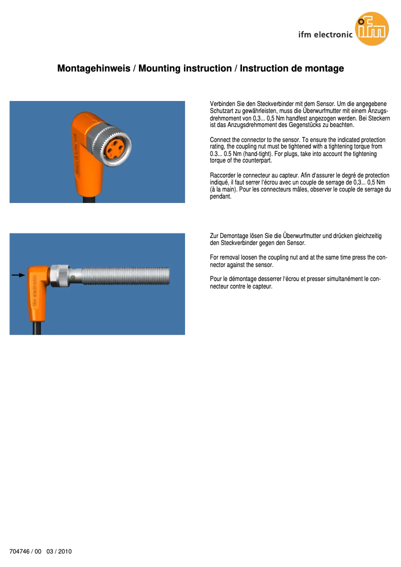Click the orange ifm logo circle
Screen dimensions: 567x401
(x=372, y=29)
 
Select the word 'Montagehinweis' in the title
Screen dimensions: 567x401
(x=93, y=68)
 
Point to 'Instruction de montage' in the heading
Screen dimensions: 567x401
(x=292, y=68)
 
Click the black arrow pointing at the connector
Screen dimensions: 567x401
(x=18, y=275)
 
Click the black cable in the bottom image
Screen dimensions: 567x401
(x=37, y=328)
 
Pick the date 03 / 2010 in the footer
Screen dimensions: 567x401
(x=59, y=551)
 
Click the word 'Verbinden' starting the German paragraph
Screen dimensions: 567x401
(x=221, y=103)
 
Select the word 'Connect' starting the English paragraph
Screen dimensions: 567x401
(x=219, y=139)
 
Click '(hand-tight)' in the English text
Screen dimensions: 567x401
(x=257, y=154)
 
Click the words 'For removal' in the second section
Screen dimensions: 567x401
(x=223, y=257)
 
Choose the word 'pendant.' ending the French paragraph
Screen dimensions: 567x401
(x=220, y=197)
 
